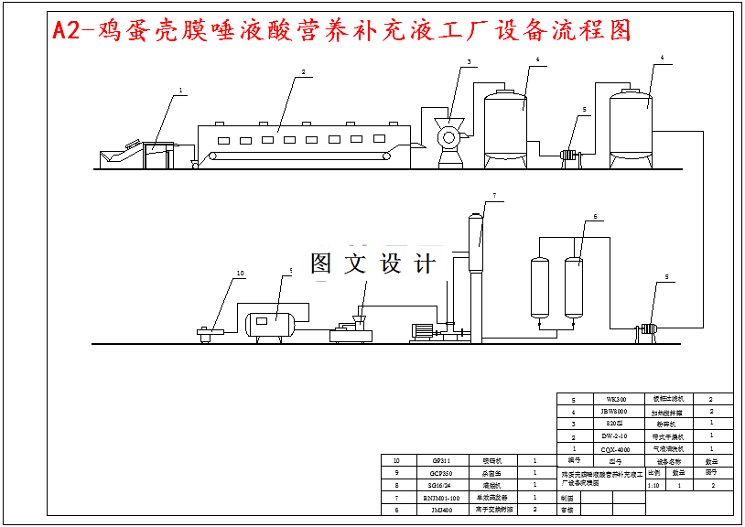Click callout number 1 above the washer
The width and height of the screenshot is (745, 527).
tap(181, 91)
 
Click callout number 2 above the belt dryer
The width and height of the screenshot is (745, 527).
tap(303, 71)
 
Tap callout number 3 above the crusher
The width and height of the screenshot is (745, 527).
tap(469, 62)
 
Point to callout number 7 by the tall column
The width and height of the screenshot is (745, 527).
tap(494, 196)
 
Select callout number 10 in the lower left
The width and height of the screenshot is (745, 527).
tap(241, 273)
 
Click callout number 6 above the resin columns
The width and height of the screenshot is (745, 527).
tap(594, 217)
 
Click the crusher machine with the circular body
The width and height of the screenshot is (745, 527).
tap(448, 138)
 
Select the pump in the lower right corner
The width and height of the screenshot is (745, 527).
tap(648, 328)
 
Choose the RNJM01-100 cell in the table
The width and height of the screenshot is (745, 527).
tap(438, 498)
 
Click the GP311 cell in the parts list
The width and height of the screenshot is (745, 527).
tap(438, 461)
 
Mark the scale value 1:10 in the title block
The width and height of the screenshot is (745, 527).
tap(653, 486)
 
